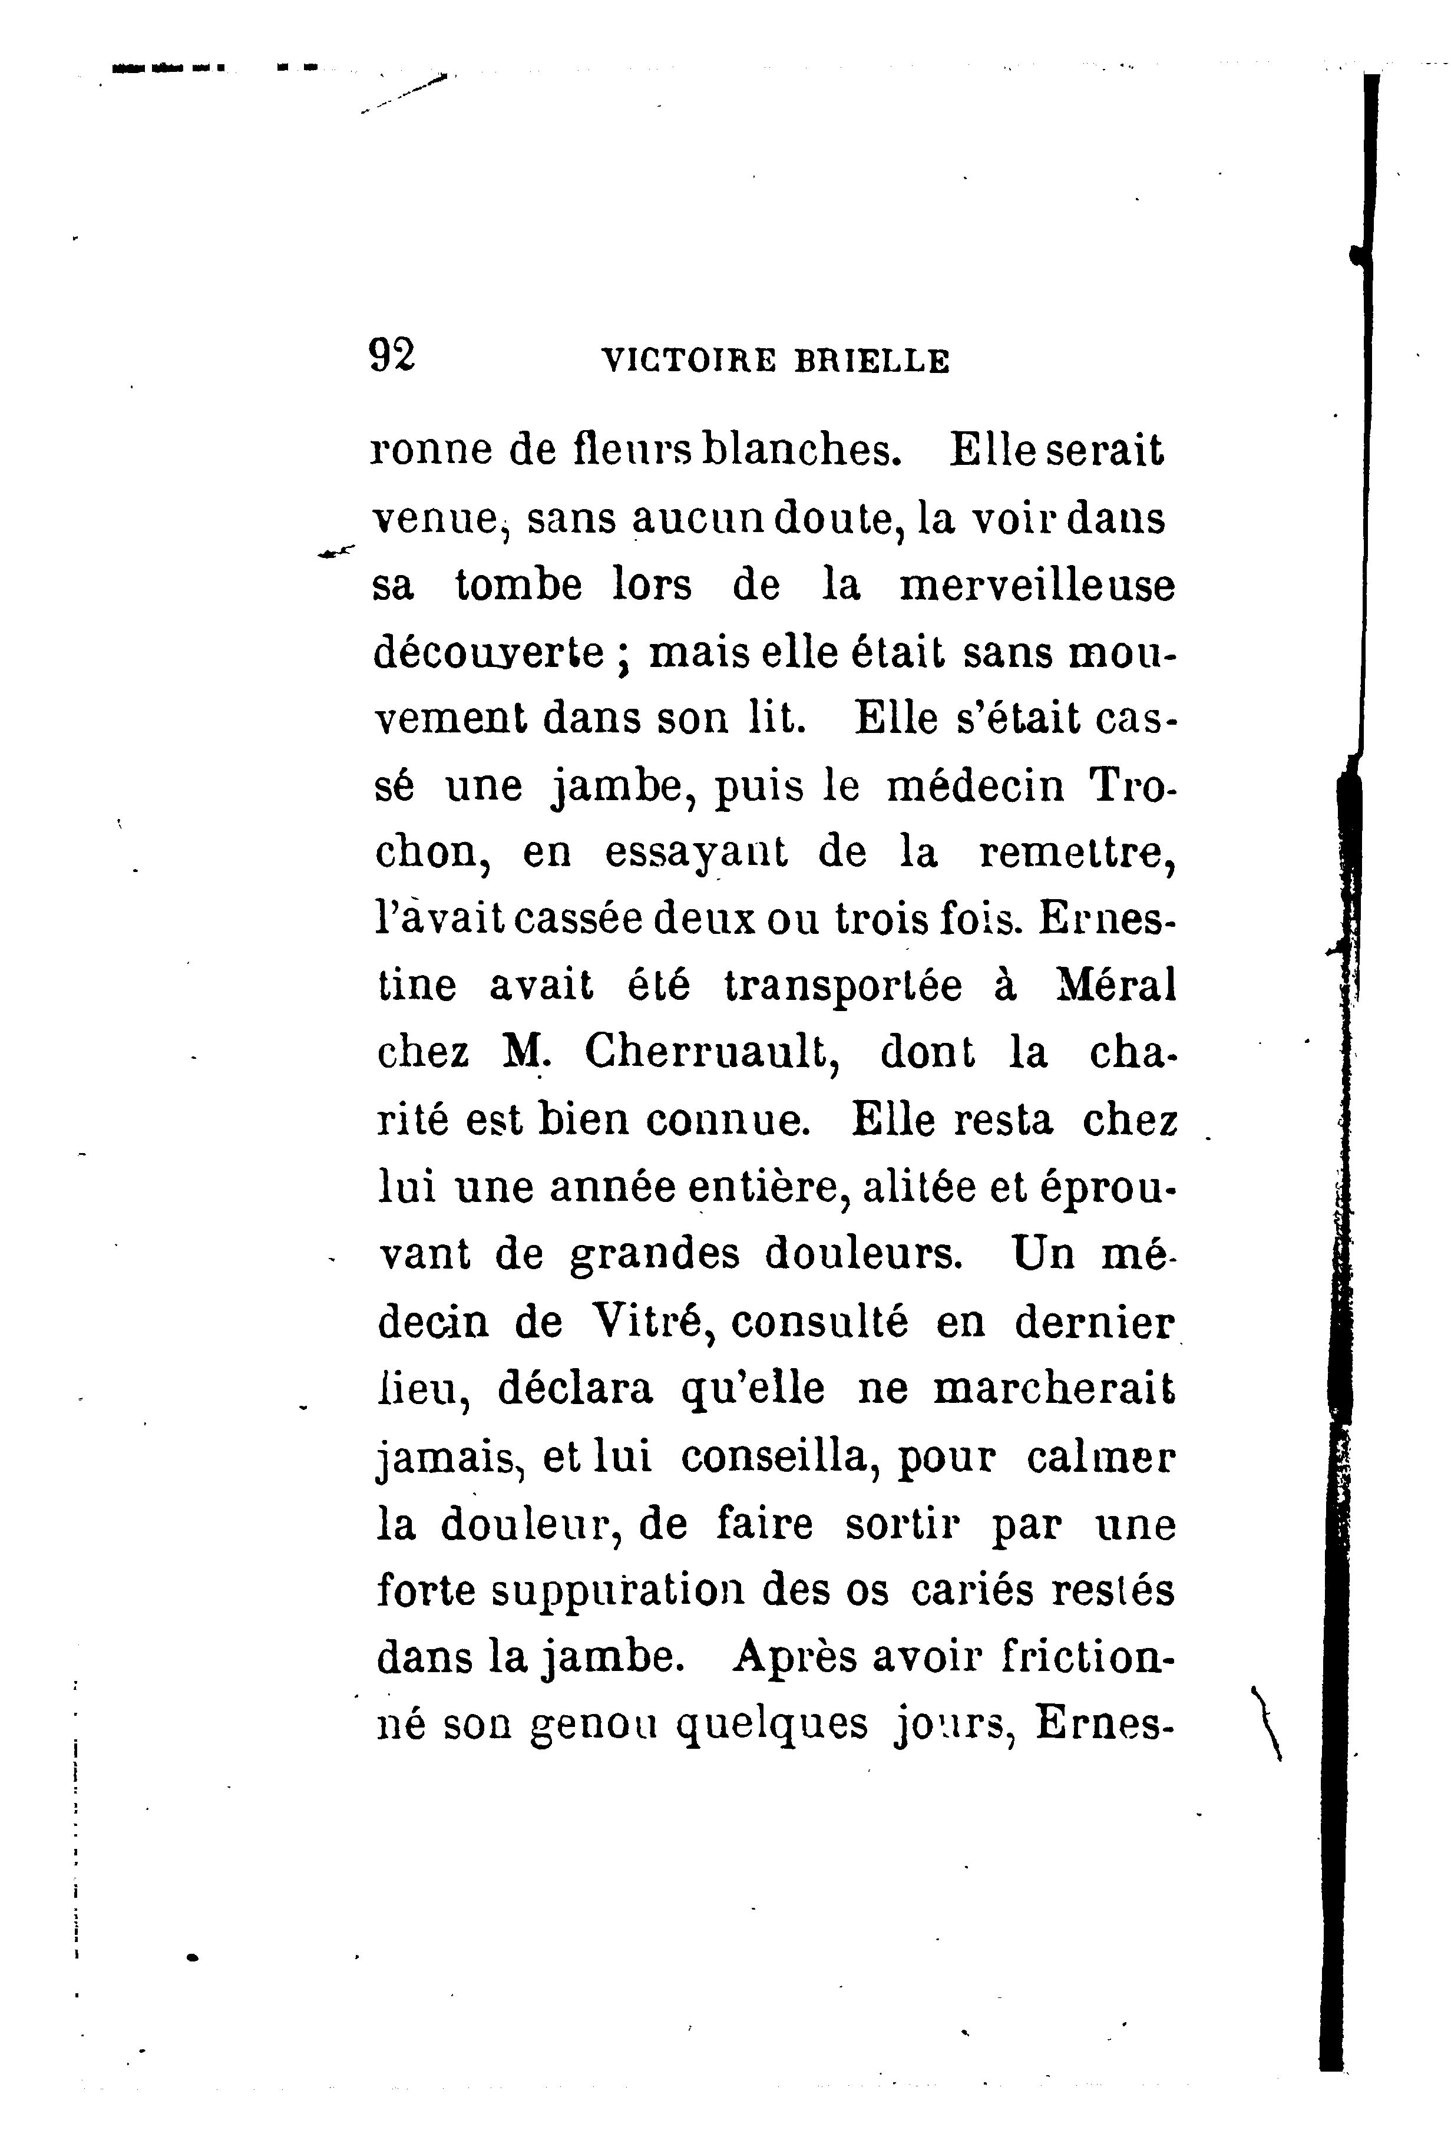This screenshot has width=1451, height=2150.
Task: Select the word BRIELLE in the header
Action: (x=871, y=360)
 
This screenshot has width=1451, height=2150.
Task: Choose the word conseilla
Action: (x=774, y=1457)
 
